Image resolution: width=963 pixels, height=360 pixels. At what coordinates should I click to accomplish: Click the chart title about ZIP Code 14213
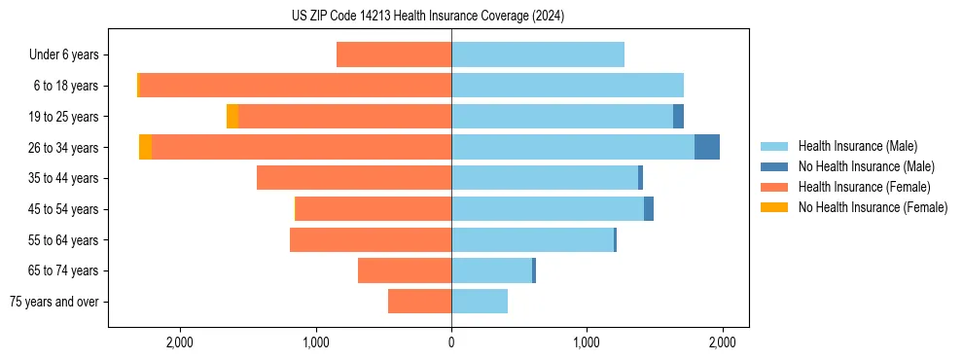[428, 17]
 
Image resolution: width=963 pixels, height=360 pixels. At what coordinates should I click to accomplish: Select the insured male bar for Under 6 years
[537, 54]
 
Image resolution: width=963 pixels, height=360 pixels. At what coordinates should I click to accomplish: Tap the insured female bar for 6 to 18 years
[295, 86]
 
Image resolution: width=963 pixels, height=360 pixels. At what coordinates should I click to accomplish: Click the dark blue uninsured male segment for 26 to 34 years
[706, 147]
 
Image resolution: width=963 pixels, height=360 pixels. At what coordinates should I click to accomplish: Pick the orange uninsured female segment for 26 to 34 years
[145, 147]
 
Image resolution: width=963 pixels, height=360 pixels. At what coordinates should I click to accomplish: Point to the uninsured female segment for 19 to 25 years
[232, 117]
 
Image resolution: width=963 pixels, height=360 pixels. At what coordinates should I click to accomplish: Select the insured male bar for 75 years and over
[479, 302]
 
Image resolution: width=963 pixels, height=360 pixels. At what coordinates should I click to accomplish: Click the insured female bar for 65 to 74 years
[404, 270]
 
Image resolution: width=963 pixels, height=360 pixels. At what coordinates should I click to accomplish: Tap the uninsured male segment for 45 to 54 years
[649, 209]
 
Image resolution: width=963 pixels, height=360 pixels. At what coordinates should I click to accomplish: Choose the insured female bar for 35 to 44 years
[353, 178]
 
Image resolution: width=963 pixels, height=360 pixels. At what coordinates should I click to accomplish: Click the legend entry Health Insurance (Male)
[857, 146]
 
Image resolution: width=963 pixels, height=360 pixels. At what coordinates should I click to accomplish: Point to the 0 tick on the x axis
[451, 342]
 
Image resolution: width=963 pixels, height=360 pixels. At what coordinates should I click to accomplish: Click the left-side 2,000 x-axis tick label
[180, 342]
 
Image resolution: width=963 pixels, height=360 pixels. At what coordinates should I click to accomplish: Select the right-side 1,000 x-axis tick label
[587, 342]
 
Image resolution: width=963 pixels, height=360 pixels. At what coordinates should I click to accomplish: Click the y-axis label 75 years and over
[54, 302]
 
